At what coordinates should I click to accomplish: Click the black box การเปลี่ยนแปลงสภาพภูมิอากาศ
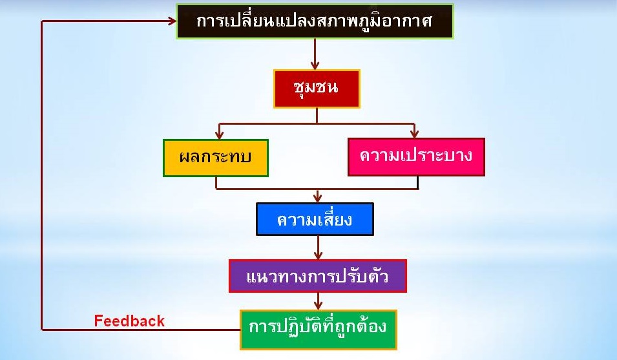(x=315, y=21)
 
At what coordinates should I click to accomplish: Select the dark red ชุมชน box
(x=317, y=89)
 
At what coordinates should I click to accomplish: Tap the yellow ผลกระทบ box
(x=216, y=158)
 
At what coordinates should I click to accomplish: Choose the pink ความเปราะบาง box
(x=416, y=157)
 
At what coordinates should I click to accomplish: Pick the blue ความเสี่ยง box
(x=315, y=219)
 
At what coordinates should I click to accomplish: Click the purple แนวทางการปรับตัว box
(x=318, y=276)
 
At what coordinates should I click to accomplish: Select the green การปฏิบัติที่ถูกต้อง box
(x=319, y=330)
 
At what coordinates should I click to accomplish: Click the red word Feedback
(x=129, y=321)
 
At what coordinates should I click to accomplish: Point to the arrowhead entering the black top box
(x=172, y=21)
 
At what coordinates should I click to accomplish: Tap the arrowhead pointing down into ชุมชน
(x=315, y=65)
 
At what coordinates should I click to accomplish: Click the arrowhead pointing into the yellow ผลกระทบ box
(x=219, y=134)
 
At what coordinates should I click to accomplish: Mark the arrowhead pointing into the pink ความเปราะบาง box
(x=414, y=133)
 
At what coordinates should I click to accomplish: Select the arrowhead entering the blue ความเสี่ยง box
(x=318, y=198)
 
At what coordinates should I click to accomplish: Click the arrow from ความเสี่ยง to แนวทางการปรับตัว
(x=318, y=248)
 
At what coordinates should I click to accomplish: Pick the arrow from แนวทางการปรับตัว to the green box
(x=318, y=301)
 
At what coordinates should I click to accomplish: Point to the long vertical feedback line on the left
(x=42, y=175)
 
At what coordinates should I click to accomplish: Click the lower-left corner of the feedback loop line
(x=42, y=330)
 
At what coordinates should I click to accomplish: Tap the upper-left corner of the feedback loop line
(x=42, y=21)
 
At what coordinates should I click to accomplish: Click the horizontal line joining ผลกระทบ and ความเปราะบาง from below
(x=317, y=189)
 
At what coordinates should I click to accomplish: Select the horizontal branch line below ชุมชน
(x=317, y=123)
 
